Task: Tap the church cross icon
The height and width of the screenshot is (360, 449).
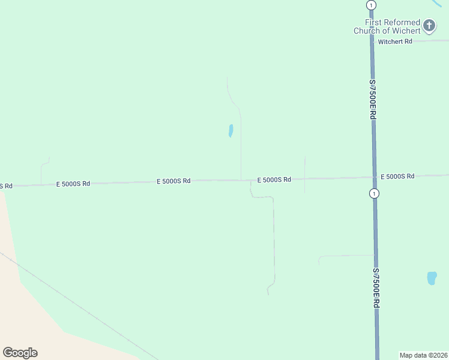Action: [x=429, y=25]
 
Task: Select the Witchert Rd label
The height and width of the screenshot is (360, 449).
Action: [x=395, y=41]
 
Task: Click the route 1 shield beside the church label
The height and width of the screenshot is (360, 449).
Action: [x=371, y=5]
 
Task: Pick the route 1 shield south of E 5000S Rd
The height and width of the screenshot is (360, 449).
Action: [x=375, y=193]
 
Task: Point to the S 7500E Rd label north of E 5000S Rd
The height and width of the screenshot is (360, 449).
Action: [x=373, y=100]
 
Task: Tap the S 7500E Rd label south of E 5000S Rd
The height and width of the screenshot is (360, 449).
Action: [x=376, y=288]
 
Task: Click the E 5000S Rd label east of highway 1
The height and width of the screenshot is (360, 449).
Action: [x=397, y=176]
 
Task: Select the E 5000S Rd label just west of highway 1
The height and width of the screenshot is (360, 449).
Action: [x=274, y=179]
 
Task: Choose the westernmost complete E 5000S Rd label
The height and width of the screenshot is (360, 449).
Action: [x=73, y=184]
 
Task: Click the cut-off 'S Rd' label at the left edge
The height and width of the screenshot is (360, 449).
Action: [x=5, y=186]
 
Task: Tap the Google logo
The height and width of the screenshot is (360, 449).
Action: [x=20, y=353]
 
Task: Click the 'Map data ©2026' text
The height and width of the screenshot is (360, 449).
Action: [x=423, y=355]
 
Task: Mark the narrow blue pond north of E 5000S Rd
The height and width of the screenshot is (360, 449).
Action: [x=231, y=130]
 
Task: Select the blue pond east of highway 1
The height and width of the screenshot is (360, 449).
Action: [x=432, y=278]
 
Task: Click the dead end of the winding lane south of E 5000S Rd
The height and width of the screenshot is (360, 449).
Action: [x=268, y=294]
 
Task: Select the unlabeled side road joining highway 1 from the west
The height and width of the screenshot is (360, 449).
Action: [x=345, y=256]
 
